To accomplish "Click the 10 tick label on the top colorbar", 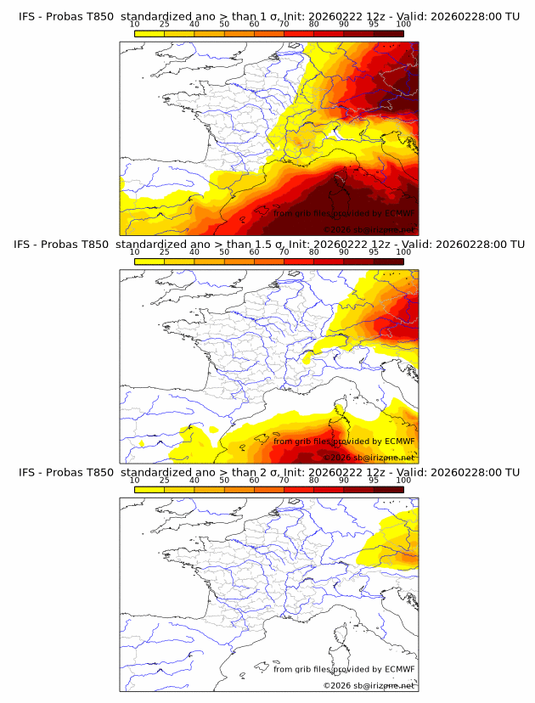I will click(134, 24).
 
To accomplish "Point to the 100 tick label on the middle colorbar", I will click(403, 252).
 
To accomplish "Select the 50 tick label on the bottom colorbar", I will click(224, 480).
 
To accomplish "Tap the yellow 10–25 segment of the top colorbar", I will click(149, 32).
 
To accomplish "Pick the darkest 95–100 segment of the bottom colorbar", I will click(388, 488).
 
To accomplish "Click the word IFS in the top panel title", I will click(28, 16).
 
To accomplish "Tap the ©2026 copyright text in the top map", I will click(336, 229).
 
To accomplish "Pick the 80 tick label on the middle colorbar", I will click(314, 252).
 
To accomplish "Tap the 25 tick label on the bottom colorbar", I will click(164, 480).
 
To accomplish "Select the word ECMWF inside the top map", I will click(399, 213).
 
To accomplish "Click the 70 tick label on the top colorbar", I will click(284, 24).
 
